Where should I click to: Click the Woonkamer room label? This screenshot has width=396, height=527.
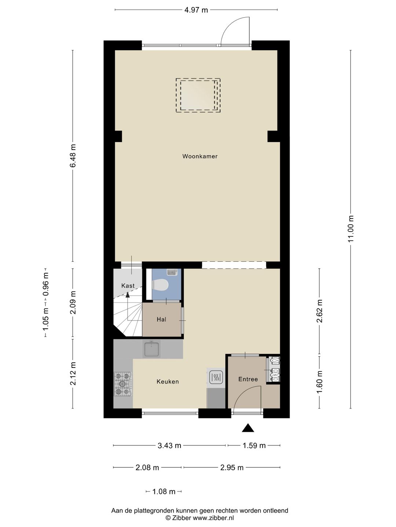pos(200,156)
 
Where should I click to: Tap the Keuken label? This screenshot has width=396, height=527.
pos(168,381)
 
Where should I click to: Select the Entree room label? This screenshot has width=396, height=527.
pos(248,379)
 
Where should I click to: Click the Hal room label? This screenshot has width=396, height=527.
pos(161,319)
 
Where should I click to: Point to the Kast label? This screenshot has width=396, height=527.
pos(128,286)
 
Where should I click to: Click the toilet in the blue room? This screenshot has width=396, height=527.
pos(160,285)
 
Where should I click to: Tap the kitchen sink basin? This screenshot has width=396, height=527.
pos(151,349)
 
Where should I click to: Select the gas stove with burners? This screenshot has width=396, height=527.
pos(123,384)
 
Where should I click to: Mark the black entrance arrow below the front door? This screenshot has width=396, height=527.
pos(248,428)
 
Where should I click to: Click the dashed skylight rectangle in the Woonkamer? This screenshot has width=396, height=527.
pos(198,95)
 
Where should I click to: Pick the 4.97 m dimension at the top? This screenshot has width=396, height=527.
pos(196,10)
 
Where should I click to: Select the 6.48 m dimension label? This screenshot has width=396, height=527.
pos(73,156)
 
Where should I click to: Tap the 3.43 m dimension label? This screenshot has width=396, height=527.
pos(169,445)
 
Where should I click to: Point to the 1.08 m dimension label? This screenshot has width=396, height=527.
pos(164,492)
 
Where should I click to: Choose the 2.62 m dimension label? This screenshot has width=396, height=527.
pos(319,311)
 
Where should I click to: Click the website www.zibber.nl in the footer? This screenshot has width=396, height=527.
pos(213,518)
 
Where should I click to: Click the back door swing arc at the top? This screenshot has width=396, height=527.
pos(235,31)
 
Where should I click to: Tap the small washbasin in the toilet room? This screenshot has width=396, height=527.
pos(172,272)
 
